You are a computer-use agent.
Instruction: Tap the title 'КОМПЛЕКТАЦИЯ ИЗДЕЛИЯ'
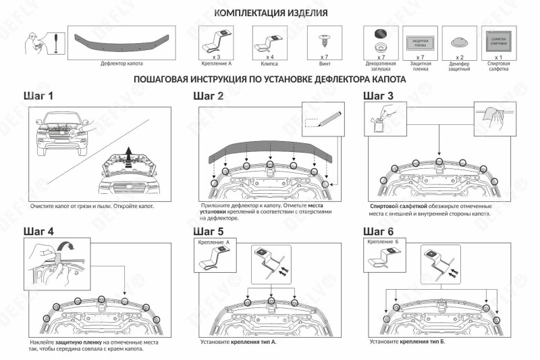point(271,13)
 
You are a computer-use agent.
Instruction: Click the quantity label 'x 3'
point(208,58)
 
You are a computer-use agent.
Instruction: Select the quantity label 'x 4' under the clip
point(269,58)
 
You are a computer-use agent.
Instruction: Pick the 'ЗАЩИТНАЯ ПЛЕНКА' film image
point(420,42)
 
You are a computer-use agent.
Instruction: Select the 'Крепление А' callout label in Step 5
point(213,241)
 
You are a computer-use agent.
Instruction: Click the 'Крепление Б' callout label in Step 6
point(383,241)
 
